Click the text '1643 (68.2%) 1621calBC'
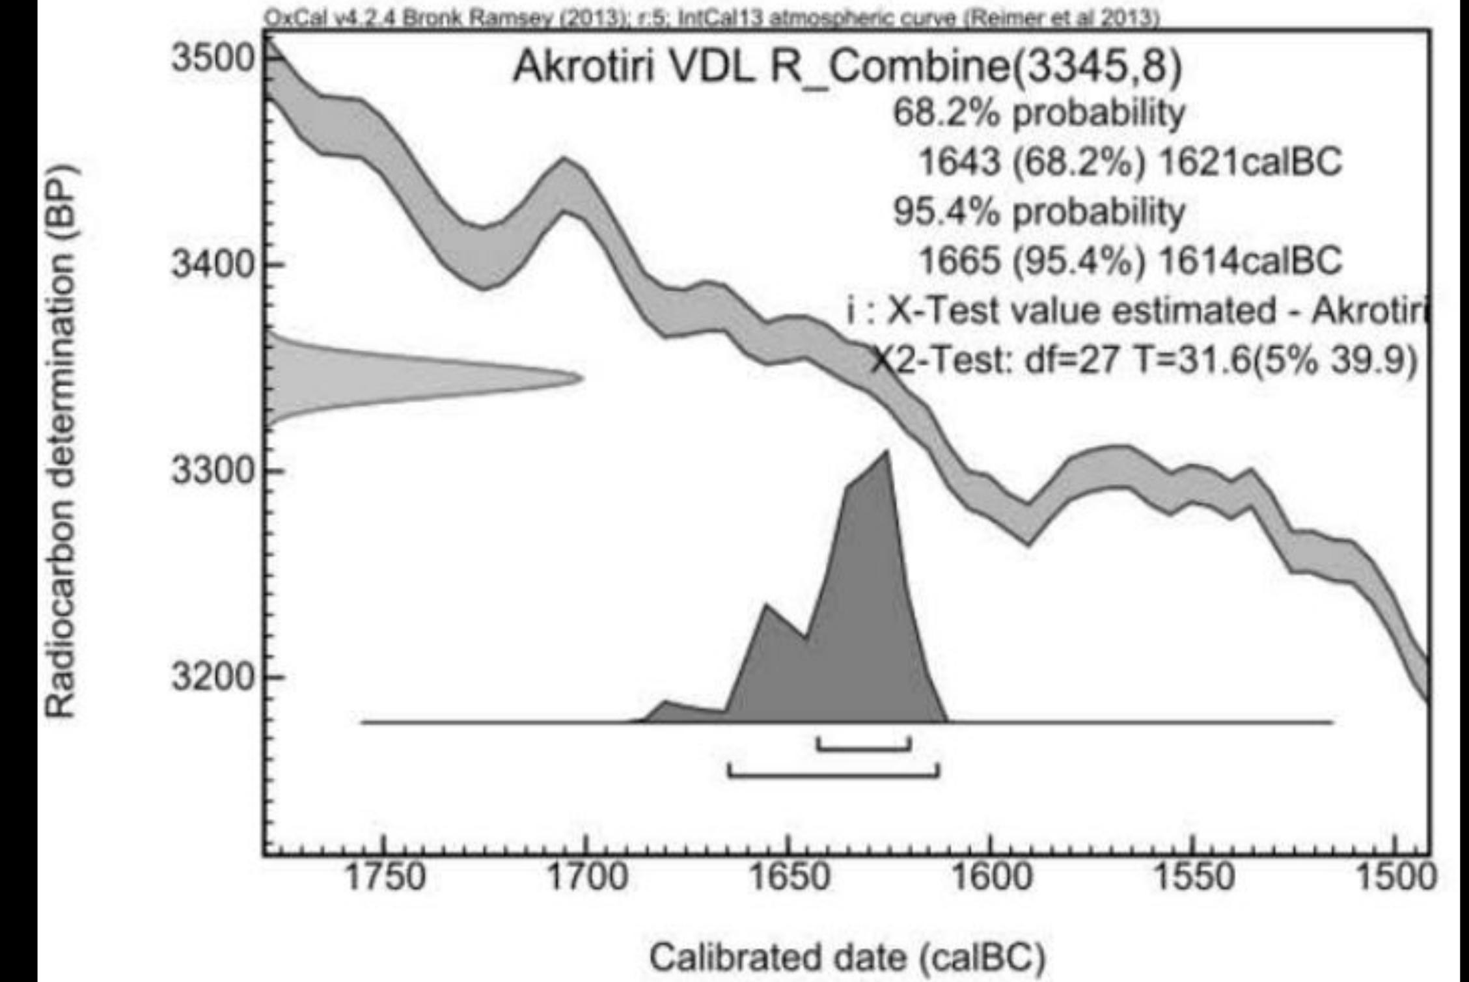pos(1129,161)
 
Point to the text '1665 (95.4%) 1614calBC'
pos(1129,260)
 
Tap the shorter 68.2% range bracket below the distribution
pos(864,748)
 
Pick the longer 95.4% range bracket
pos(834,774)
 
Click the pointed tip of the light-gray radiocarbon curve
pos(581,378)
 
